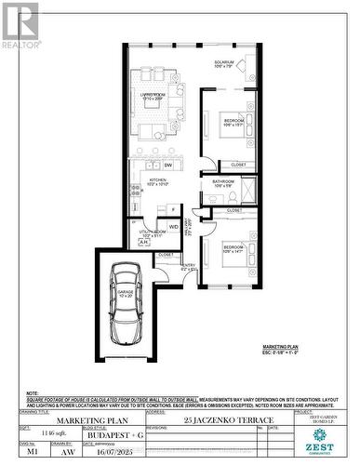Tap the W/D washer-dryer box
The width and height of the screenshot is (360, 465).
(x=174, y=226)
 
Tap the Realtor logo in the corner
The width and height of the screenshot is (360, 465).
(x=21, y=25)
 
